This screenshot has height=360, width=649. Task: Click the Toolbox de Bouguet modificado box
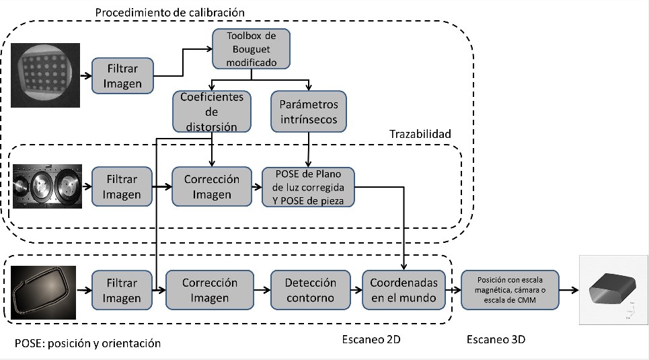(x=252, y=48)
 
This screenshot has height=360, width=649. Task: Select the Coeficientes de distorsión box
(x=212, y=112)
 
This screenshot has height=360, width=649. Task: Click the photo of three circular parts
(x=47, y=186)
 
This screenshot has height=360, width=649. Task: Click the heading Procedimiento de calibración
(x=169, y=13)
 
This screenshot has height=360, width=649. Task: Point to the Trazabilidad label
(x=420, y=135)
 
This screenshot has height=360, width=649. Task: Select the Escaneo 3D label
(x=496, y=339)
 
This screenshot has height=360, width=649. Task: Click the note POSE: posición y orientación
(x=87, y=343)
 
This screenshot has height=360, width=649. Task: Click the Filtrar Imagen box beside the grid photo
(x=122, y=75)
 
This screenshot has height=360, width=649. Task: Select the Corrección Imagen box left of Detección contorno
(x=211, y=289)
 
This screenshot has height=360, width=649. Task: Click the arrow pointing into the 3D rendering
(x=568, y=290)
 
